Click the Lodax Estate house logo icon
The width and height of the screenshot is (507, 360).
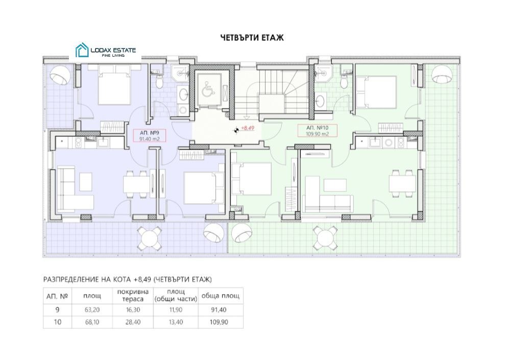point(82,51)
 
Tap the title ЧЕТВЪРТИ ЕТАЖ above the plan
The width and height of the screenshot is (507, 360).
point(252,38)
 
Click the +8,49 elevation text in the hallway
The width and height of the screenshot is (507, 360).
point(248,128)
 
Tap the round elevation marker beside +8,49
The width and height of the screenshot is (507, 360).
point(237,130)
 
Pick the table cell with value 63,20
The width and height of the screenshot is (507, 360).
point(92,310)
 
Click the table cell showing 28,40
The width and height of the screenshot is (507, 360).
point(133,322)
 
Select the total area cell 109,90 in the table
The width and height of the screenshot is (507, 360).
point(219,322)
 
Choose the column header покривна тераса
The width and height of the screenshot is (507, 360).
point(133,296)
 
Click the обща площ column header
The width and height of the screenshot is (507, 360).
point(221,296)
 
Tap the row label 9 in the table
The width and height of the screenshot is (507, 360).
point(57,310)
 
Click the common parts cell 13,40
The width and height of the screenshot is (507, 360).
point(176,322)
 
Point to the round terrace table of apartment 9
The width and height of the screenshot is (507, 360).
point(149,238)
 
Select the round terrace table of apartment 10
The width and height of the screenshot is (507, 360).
point(325,238)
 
